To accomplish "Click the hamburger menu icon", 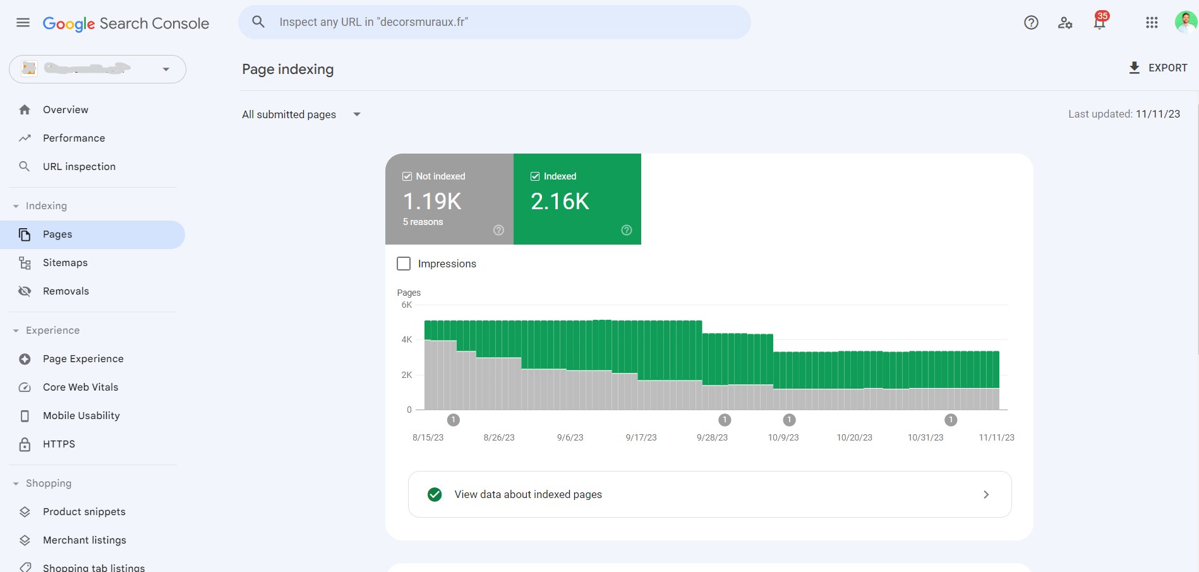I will point(23,23).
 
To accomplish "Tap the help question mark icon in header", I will point(1031,23).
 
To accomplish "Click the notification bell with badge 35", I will point(1100,22).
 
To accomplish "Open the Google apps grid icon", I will point(1152,23).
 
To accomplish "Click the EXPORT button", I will point(1158,68).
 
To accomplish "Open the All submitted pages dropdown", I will point(301,114).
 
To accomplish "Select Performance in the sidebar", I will point(74,138).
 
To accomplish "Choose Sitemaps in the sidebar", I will point(65,262).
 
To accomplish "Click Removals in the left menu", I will point(66,291).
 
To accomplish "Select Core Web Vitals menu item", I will point(80,387).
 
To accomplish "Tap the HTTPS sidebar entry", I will point(59,444).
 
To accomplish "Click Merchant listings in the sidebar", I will point(84,540).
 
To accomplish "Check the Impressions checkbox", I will point(404,264).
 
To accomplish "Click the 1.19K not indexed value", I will point(433,202).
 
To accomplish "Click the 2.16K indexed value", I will point(560,202).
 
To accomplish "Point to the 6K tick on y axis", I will point(406,305).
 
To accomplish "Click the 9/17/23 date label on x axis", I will point(641,437).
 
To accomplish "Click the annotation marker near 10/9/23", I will point(789,420).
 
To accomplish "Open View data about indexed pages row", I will point(709,494).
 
